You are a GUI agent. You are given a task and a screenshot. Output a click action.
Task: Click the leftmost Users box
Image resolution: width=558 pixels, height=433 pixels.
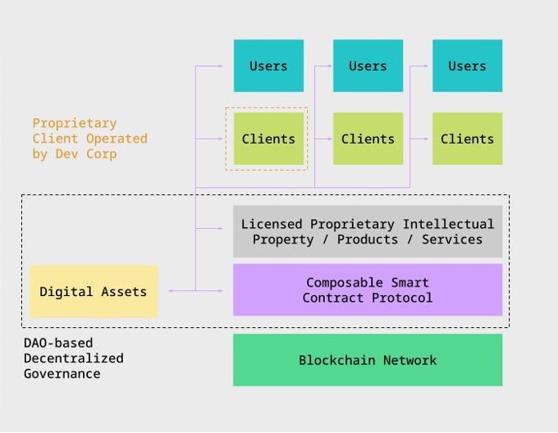[268, 66]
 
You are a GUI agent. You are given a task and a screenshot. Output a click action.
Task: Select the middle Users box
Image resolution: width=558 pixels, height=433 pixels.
[368, 66]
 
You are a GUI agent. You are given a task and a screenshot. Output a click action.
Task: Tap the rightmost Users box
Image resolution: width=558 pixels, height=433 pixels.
[467, 66]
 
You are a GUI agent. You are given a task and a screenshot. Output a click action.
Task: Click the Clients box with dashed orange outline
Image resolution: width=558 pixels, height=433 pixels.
[268, 139]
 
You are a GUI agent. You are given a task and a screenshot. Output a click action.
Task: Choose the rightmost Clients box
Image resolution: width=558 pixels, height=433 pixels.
[467, 139]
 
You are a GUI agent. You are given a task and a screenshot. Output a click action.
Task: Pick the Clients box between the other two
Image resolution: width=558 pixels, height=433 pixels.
[368, 139]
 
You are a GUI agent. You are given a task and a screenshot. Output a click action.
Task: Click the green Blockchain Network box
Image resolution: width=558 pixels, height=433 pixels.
[368, 360]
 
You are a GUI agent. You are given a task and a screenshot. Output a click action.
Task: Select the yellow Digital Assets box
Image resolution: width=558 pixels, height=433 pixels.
[93, 291]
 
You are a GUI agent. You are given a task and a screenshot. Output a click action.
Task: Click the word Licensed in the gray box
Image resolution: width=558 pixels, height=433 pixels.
[272, 224]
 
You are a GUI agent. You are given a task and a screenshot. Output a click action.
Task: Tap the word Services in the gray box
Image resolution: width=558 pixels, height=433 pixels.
[452, 239]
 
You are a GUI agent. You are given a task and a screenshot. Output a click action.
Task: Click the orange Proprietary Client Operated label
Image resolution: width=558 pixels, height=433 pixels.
[89, 139]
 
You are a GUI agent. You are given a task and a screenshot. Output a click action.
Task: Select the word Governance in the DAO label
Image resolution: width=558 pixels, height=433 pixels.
[62, 374]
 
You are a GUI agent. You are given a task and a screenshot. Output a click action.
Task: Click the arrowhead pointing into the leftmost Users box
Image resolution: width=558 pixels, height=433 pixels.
[220, 66]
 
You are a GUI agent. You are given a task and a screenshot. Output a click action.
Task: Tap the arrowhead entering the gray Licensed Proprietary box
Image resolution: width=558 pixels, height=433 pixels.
[220, 227]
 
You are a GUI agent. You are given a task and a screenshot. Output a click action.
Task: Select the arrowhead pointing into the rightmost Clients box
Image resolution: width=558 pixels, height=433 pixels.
[427, 139]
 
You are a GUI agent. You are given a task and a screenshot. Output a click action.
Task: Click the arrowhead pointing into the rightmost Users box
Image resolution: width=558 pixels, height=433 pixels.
[427, 66]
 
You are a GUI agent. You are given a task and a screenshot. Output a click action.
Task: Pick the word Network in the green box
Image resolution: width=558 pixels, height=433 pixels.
[409, 360]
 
